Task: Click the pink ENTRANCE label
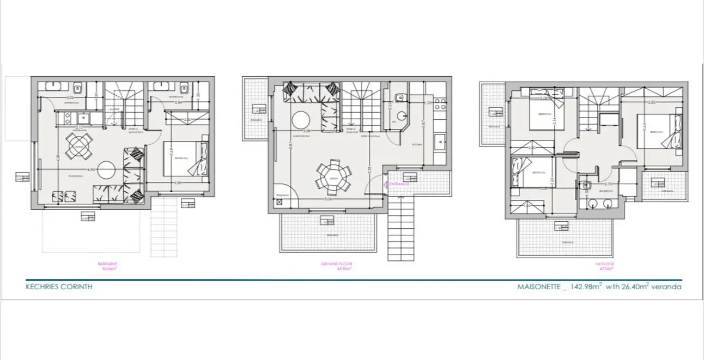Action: (x=398, y=184)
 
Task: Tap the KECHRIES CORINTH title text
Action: (x=59, y=286)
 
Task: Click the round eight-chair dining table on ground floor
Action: (x=333, y=178)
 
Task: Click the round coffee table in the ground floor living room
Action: (x=300, y=119)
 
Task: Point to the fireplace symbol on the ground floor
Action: (x=280, y=202)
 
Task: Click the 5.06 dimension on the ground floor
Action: (x=329, y=199)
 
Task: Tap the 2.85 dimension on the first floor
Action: (x=651, y=102)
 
